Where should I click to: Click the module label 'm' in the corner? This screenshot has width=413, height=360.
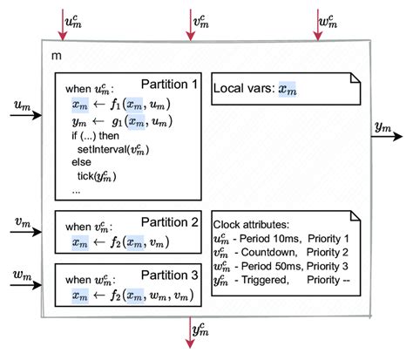coord(57,55)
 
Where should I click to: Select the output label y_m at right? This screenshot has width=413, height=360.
coord(382,127)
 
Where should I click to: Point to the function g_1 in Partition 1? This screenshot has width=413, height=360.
coord(113,121)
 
